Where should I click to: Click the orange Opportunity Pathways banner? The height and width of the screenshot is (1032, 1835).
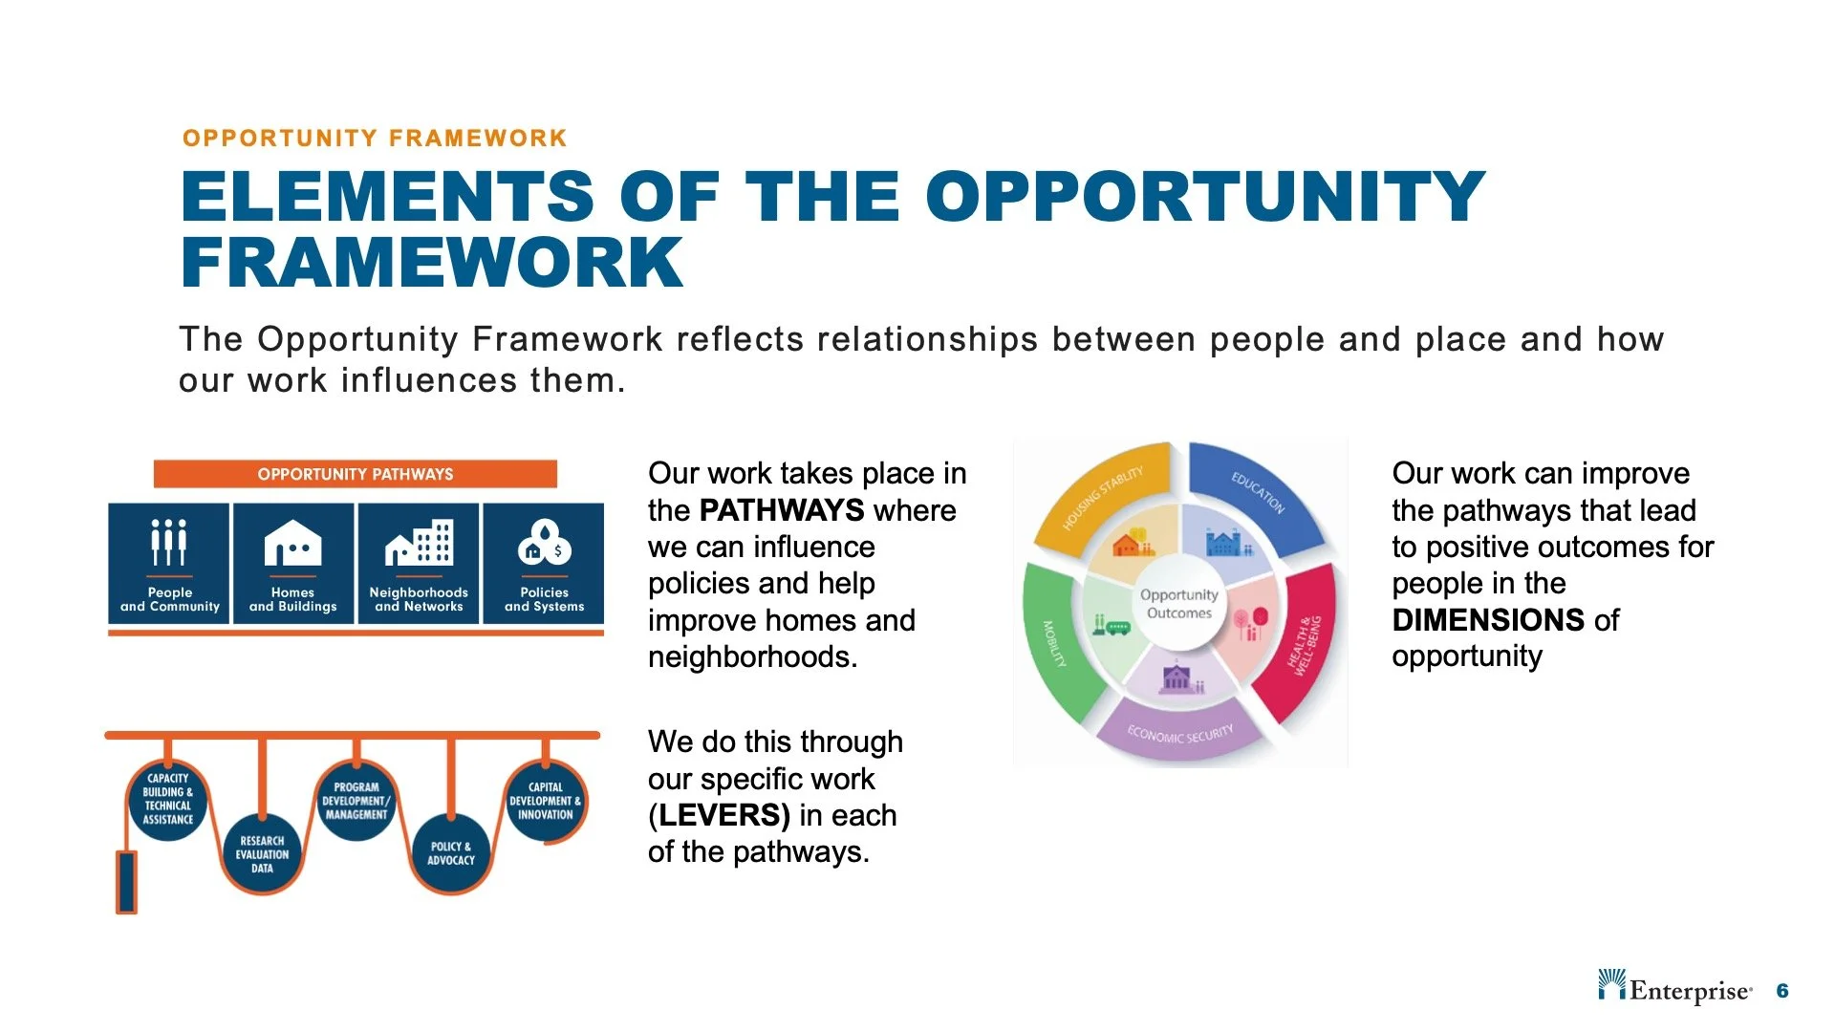click(x=355, y=474)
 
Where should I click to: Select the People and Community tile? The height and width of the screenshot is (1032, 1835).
click(x=169, y=564)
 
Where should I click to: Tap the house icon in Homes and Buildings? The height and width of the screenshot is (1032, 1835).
click(x=292, y=544)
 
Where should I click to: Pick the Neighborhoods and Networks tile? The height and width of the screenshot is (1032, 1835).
click(x=419, y=564)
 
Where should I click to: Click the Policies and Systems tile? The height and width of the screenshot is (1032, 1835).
click(x=544, y=564)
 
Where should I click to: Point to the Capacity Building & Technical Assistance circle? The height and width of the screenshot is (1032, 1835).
click(x=168, y=800)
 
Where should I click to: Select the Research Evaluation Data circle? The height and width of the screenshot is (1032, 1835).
click(x=262, y=853)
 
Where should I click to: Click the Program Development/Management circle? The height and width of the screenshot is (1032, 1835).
click(x=356, y=800)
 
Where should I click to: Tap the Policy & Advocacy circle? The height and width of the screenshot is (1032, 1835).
click(x=450, y=853)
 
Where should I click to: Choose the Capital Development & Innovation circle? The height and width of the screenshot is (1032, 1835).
click(x=545, y=800)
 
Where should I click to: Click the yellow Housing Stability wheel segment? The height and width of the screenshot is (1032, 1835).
click(x=1104, y=497)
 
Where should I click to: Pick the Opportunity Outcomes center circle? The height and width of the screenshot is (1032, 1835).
click(x=1178, y=604)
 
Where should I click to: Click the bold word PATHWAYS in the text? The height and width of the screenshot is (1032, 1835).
click(x=781, y=510)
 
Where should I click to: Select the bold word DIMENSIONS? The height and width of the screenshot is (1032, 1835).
click(x=1488, y=620)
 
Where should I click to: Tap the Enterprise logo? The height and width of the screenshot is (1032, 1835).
click(x=1674, y=990)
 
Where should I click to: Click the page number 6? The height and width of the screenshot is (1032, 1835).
click(x=1781, y=991)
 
